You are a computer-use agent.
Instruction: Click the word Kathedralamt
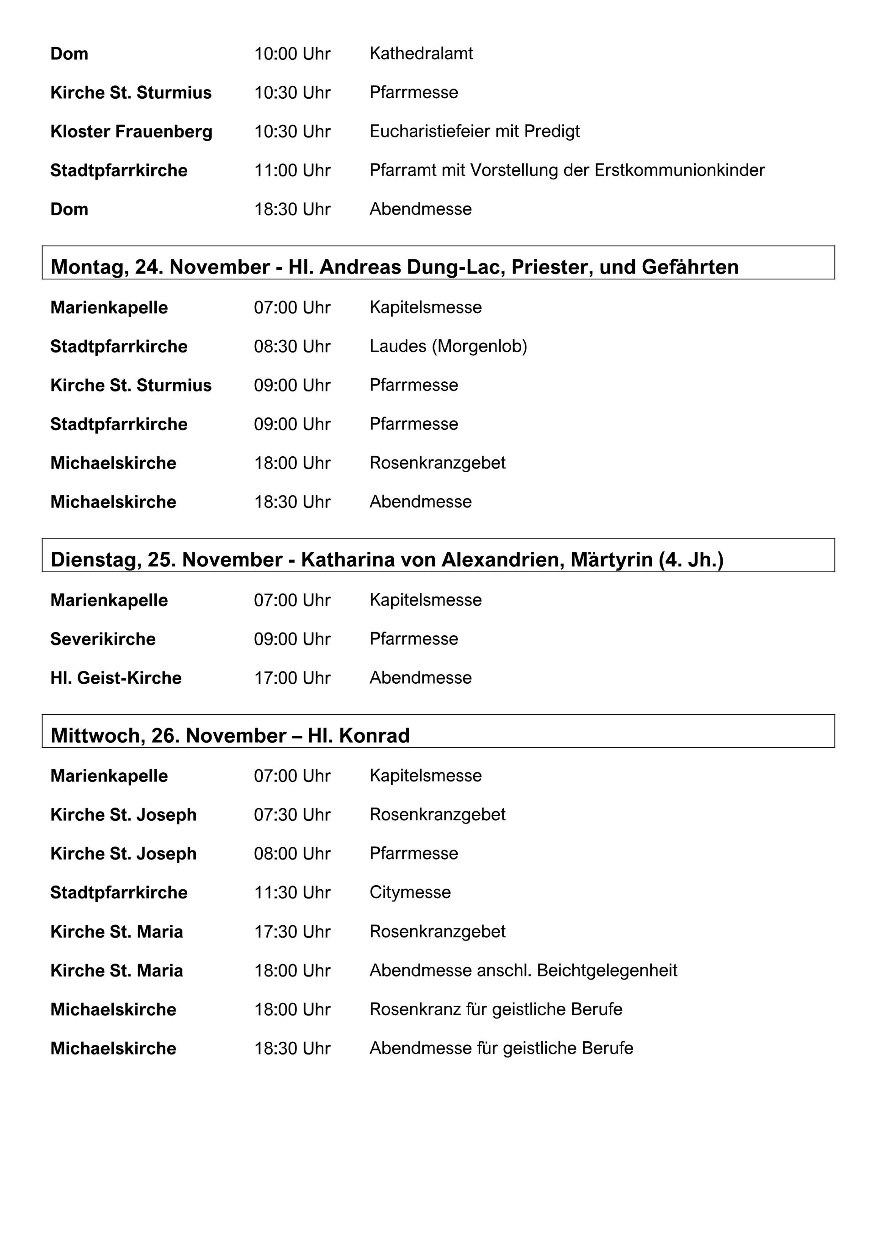point(421,53)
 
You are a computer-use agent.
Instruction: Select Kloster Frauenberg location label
point(131,131)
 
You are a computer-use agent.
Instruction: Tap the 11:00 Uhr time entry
point(292,170)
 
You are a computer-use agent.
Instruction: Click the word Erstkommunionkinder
point(679,170)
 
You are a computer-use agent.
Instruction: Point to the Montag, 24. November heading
point(160,267)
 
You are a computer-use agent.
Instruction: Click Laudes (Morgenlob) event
point(448,346)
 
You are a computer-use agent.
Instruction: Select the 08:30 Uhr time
point(292,346)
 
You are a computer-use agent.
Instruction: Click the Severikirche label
point(103,639)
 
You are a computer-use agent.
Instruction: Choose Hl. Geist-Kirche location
point(116,678)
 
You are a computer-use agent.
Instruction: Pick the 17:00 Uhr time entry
point(292,678)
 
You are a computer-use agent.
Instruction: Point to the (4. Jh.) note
point(691,559)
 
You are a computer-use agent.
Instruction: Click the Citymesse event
point(410,892)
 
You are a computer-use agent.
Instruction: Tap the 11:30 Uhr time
point(292,892)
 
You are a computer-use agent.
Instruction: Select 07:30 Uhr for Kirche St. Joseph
point(292,814)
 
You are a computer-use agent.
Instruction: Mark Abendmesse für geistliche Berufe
point(501,1048)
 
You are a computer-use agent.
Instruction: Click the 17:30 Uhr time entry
point(292,932)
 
